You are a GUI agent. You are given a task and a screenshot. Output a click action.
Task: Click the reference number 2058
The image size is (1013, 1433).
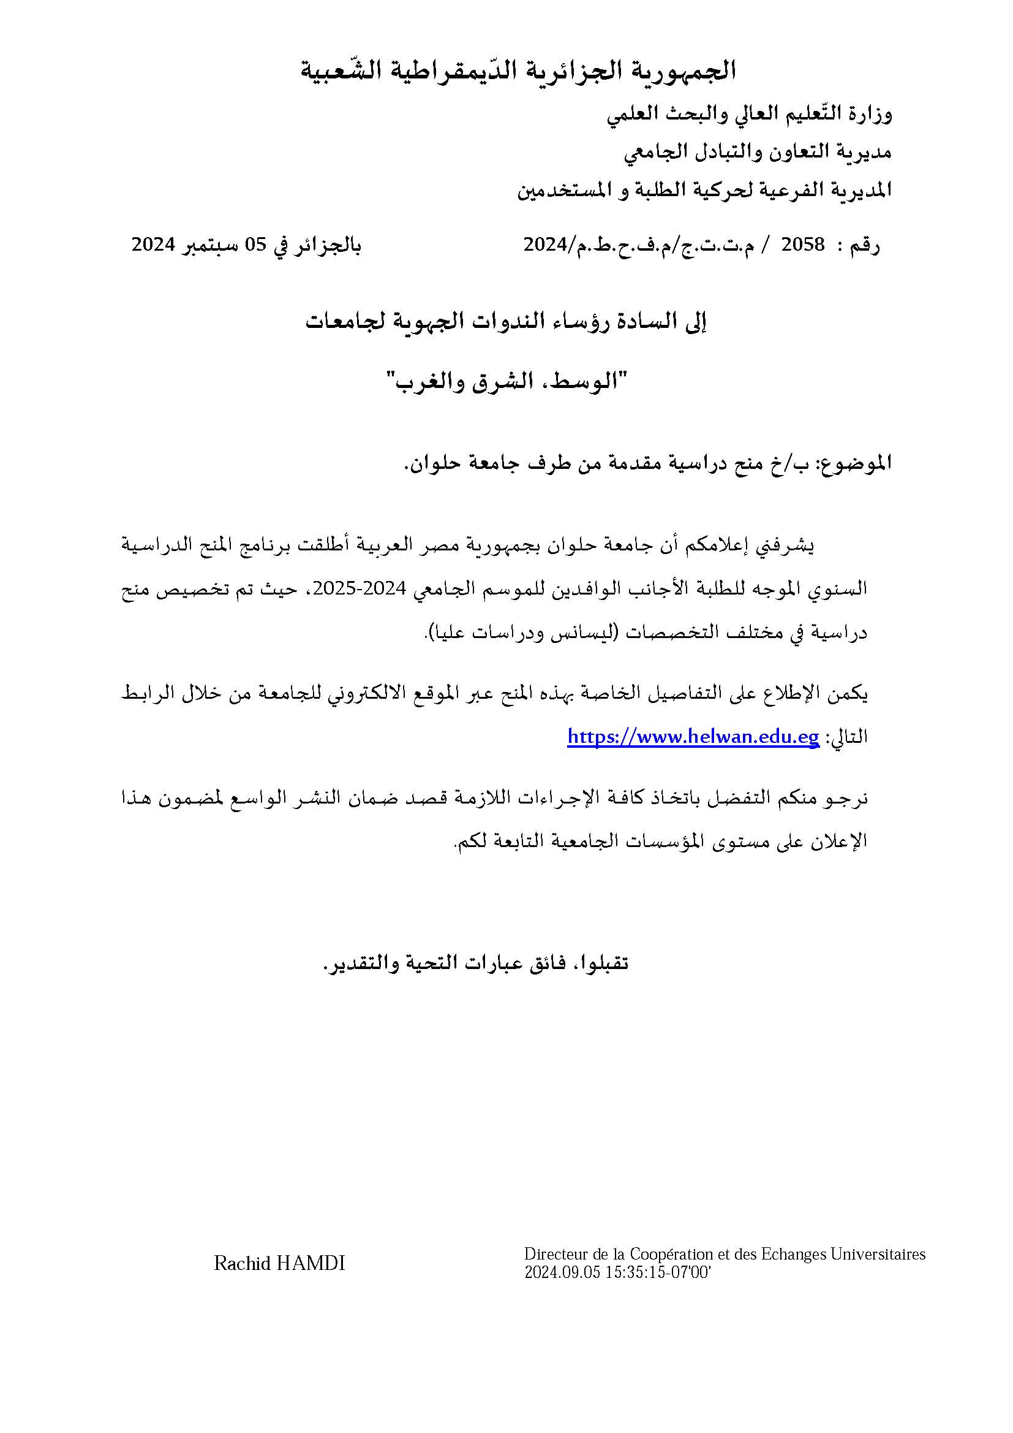tap(804, 244)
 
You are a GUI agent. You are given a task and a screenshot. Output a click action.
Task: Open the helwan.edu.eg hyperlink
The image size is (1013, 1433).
tap(693, 737)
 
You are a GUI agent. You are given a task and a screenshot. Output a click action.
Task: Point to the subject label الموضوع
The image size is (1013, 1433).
tap(855, 463)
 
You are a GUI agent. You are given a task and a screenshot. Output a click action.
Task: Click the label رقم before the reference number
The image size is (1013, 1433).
tap(867, 245)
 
